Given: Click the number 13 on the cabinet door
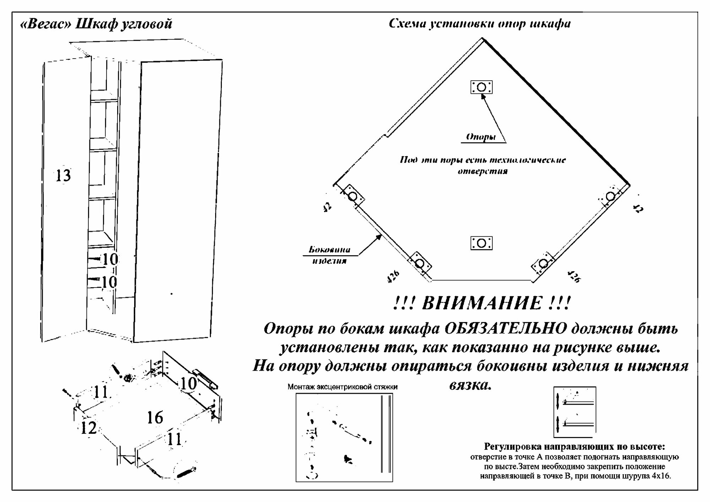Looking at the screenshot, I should (64, 176).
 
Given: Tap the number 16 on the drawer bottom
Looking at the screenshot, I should (155, 418).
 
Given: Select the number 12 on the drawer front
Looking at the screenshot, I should (88, 428).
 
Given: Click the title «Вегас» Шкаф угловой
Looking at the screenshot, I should (96, 24).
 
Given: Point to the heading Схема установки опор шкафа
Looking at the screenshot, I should (480, 24).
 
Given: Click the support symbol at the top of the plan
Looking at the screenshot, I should (481, 87).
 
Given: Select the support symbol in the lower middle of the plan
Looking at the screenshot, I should (481, 243).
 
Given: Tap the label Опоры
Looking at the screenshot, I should (481, 137).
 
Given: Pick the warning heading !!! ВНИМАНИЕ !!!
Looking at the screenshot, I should (482, 304).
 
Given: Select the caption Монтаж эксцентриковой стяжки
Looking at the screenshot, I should (342, 387).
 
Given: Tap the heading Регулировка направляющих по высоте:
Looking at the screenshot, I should (574, 446).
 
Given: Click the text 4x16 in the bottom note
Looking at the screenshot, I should (661, 476).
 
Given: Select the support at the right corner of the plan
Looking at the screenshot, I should (610, 196).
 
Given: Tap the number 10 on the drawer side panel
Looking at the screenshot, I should (188, 384).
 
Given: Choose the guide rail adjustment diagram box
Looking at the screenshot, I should (574, 412).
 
